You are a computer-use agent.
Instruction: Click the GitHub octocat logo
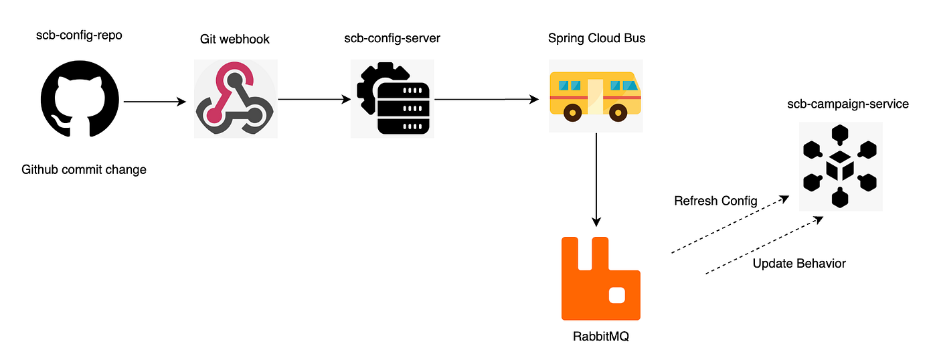coord(80,99)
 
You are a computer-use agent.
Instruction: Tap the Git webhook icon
coord(236,98)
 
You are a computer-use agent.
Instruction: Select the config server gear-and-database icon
coord(392,98)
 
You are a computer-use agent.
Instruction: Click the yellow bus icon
coord(595,96)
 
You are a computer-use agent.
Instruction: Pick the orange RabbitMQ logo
coord(601,278)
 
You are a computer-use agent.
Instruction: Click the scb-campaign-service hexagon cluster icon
coord(841,167)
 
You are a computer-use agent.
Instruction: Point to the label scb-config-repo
coord(79,35)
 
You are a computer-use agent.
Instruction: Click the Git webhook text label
coord(235,39)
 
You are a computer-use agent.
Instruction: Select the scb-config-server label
coord(392,38)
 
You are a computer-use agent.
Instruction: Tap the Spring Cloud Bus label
coord(596,38)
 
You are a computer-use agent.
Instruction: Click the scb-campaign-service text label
coord(848,104)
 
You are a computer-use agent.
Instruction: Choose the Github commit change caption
coord(84,170)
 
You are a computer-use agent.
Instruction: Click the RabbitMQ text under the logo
coord(601,336)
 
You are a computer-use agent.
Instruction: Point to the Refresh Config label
coord(715,201)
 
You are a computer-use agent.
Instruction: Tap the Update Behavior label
coord(799,264)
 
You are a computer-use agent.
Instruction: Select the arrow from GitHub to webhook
coord(155,102)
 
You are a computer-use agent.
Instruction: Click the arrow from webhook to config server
coord(315,100)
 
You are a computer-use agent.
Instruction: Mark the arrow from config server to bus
coord(487,100)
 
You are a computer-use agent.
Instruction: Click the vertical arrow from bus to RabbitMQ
coord(596,180)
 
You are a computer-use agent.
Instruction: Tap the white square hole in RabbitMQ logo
coord(617,296)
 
